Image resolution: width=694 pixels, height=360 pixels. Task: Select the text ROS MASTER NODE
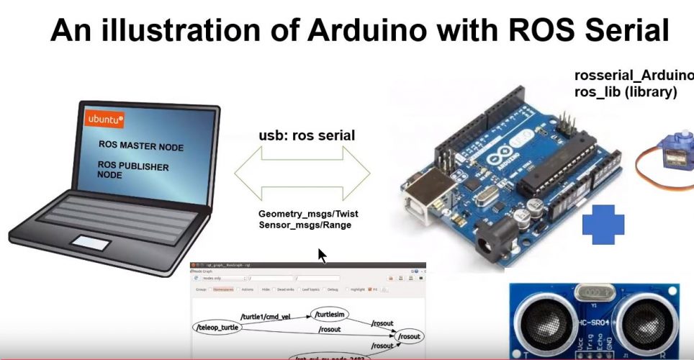[x=141, y=147]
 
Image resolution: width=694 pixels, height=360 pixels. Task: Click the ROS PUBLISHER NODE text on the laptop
[x=133, y=171]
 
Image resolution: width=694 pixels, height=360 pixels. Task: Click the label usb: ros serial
[x=307, y=135]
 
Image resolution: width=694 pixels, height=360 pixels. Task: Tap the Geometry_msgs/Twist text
[x=308, y=215]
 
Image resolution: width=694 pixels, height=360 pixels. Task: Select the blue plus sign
[x=603, y=223]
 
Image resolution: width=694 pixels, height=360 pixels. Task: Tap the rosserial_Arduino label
[x=634, y=76]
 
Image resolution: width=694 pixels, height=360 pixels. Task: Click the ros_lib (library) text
[x=626, y=92]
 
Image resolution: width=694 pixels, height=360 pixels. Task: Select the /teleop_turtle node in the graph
[x=217, y=328]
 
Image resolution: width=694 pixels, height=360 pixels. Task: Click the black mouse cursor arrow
[x=322, y=256]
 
